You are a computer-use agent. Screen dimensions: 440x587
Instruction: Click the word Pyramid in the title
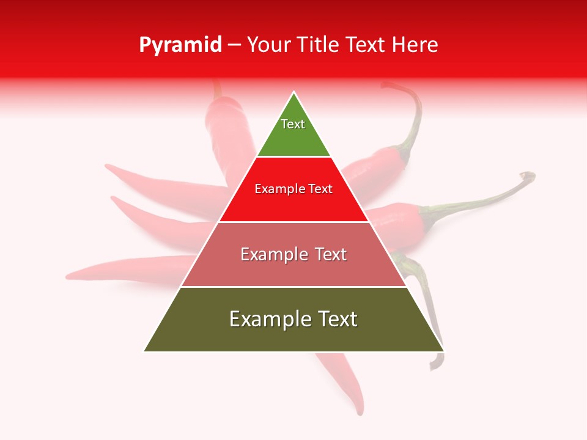point(180,45)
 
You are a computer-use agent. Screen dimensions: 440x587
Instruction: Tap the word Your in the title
point(268,45)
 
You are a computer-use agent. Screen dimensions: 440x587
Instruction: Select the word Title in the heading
point(318,45)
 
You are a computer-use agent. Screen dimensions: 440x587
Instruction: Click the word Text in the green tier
point(293,124)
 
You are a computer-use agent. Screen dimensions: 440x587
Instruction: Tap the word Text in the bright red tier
point(319,189)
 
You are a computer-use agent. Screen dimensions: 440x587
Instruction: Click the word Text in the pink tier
point(331,254)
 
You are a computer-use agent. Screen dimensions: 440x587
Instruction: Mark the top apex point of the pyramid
point(294,92)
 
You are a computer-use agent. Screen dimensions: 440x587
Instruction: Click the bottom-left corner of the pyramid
point(144,351)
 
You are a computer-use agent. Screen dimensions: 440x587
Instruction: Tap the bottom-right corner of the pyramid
point(443,351)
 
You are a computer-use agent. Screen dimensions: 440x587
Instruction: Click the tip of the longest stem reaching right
point(531,175)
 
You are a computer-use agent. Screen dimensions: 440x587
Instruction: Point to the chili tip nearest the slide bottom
point(360,413)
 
